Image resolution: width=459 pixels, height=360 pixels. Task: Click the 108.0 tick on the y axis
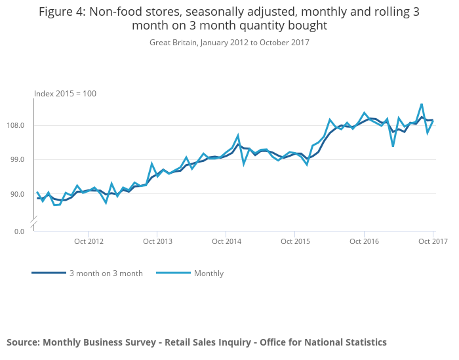[16, 125]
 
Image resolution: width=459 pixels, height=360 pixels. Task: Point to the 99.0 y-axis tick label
[17, 159]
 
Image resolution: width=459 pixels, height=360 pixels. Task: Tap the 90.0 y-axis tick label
[17, 194]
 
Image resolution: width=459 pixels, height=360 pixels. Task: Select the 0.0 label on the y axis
[18, 231]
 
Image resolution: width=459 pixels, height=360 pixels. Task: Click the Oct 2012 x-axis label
[89, 241]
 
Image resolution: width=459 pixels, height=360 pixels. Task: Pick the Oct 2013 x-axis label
[158, 241]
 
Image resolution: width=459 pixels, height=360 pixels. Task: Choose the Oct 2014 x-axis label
[227, 241]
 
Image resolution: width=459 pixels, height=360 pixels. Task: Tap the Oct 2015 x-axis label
[296, 241]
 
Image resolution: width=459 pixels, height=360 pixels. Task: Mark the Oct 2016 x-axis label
[365, 241]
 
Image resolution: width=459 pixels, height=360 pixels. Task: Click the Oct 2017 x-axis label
[433, 241]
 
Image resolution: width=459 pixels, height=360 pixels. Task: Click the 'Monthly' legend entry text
[209, 273]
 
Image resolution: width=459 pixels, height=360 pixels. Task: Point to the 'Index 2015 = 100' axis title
[65, 94]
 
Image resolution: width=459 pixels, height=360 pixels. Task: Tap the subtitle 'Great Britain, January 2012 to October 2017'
[229, 43]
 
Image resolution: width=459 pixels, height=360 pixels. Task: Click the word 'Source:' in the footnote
[24, 342]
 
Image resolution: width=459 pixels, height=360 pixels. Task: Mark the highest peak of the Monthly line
[422, 104]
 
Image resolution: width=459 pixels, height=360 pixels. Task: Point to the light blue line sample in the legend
[173, 273]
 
